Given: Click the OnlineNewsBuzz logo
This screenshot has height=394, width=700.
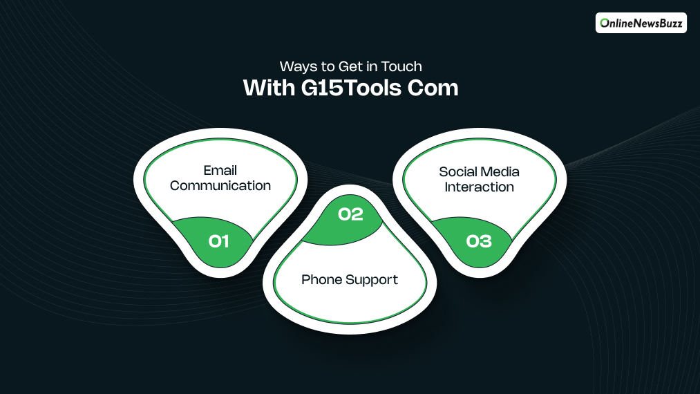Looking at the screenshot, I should [641, 23].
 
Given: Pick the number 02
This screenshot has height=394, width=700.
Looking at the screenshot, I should [350, 214].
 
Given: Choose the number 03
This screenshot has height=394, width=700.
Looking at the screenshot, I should [479, 241].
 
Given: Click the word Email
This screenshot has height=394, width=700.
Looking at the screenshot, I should [220, 171].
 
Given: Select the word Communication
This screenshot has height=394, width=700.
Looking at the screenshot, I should [220, 186].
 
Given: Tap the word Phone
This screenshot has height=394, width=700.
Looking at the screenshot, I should [321, 280].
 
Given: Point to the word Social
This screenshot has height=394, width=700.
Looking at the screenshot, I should [457, 171].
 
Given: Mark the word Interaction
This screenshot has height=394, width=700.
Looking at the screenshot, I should [479, 187].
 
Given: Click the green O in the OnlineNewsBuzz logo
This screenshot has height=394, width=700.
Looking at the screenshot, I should [605, 23].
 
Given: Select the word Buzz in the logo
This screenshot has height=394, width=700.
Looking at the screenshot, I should [669, 23].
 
